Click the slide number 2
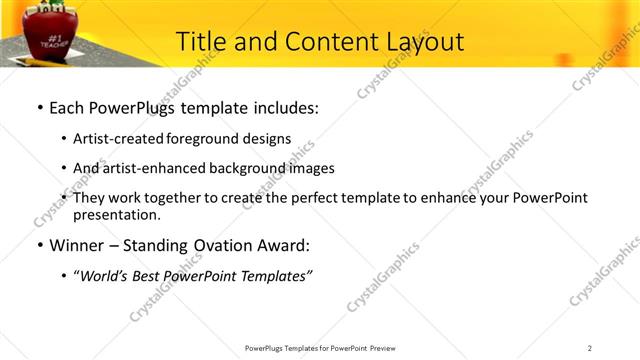590,348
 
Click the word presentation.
116,214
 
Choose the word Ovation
210,245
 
